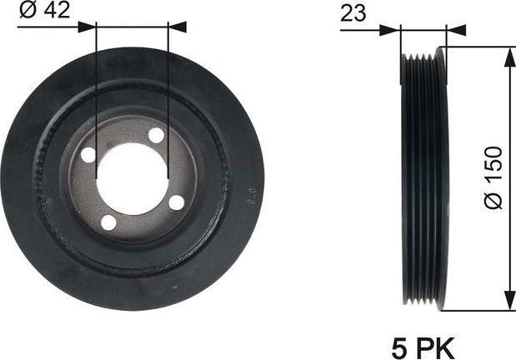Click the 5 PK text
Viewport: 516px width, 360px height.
coord(424,345)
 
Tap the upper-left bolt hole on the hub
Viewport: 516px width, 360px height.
coord(88,155)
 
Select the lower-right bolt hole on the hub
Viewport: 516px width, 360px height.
coord(176,202)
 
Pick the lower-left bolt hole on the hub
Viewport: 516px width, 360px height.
coord(108,222)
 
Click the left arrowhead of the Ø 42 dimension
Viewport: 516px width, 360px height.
coord(89,27)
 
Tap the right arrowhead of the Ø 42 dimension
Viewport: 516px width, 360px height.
coord(176,27)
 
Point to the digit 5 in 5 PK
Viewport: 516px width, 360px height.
coord(398,345)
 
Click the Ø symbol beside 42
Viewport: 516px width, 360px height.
coord(24,12)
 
